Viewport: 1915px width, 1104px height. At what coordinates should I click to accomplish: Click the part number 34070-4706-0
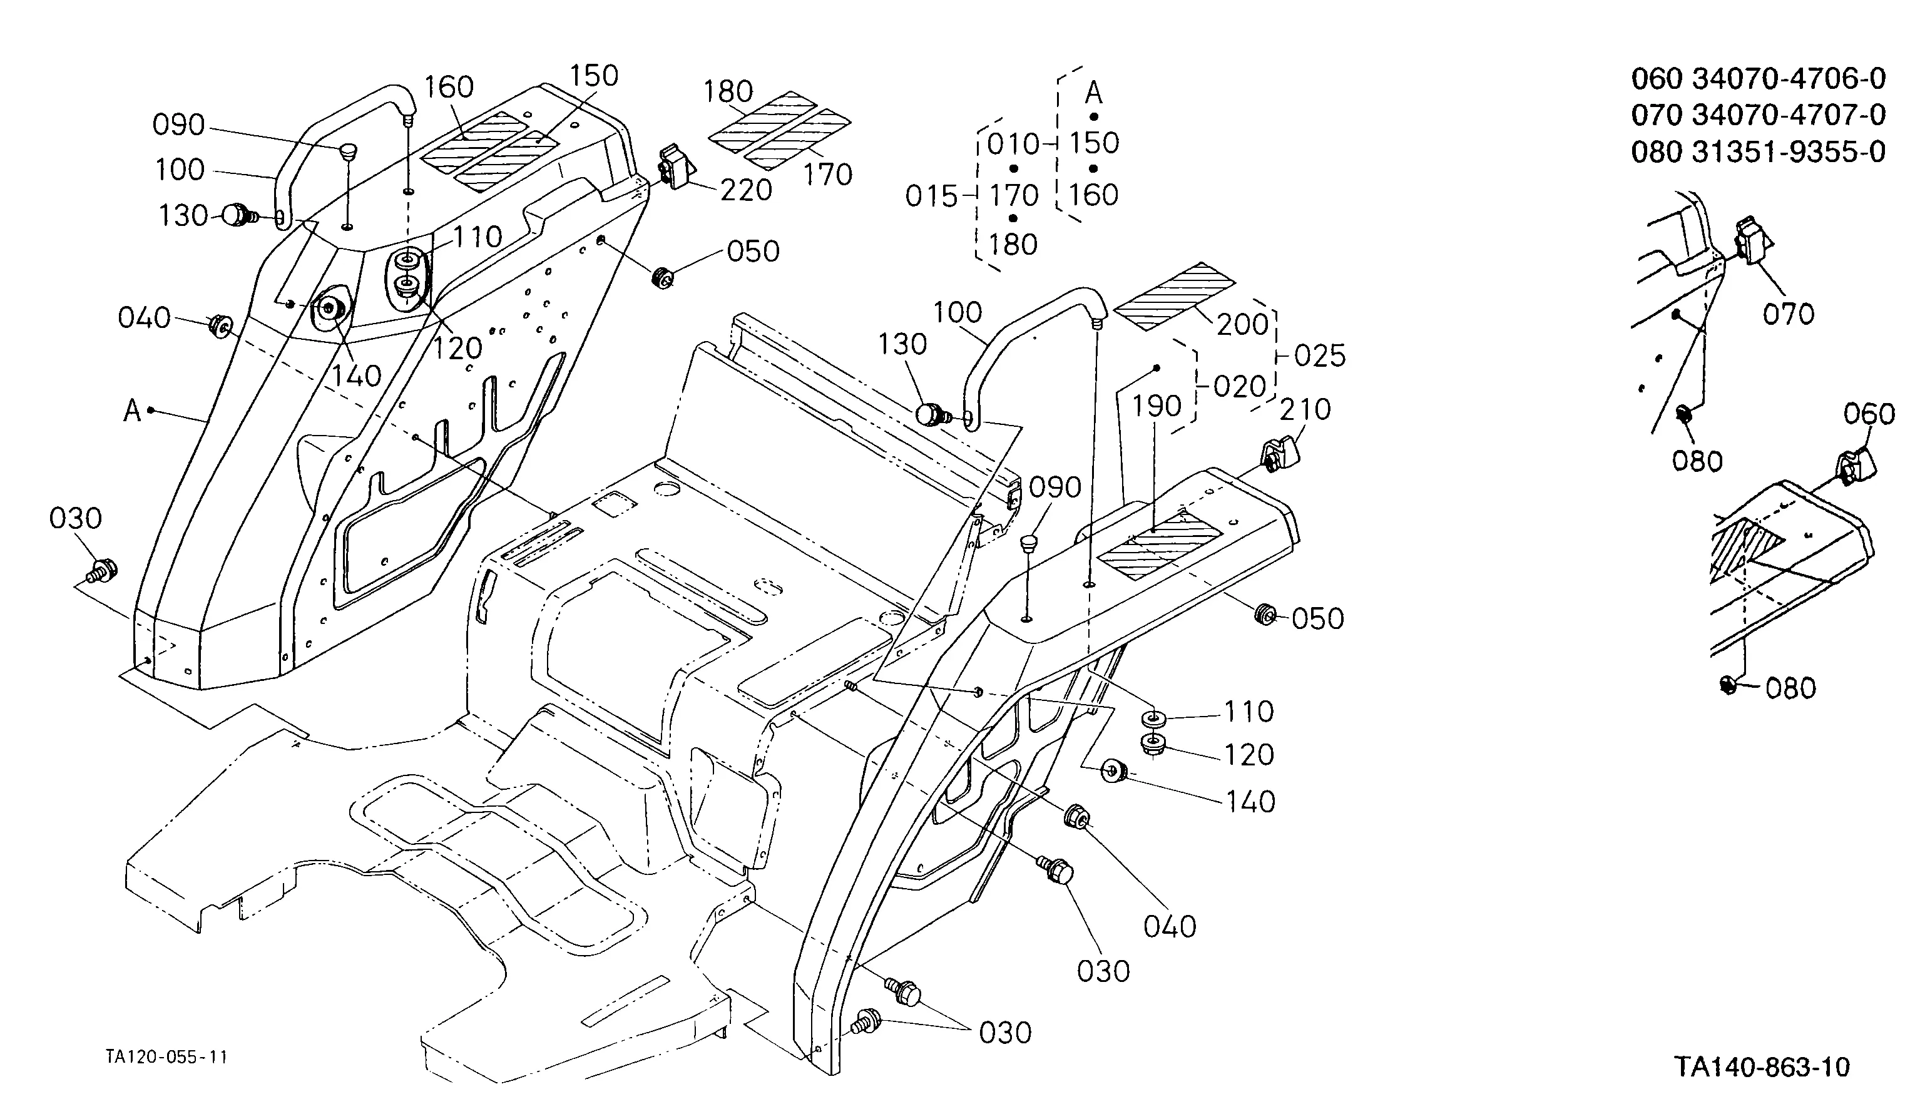click(x=1789, y=79)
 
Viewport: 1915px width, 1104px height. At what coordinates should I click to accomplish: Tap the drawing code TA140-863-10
click(x=1763, y=1068)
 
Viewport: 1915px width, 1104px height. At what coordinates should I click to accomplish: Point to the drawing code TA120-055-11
click(x=167, y=1057)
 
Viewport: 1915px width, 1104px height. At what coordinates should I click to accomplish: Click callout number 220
click(x=746, y=190)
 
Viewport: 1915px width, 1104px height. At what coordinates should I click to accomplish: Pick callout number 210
click(x=1305, y=409)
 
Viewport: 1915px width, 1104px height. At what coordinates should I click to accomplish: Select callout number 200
click(x=1242, y=325)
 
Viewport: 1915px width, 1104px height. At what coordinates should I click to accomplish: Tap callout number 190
click(x=1157, y=406)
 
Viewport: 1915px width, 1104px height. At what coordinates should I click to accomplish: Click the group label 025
click(x=1320, y=355)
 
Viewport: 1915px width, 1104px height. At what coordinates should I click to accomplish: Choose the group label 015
click(x=932, y=197)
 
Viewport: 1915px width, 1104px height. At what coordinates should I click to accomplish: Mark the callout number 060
click(x=1869, y=415)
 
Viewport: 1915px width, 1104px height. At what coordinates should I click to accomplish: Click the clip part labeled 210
click(x=1280, y=455)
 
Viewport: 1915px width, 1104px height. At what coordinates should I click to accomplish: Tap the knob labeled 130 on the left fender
click(x=240, y=215)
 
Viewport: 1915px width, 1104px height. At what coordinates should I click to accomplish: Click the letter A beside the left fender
click(x=133, y=411)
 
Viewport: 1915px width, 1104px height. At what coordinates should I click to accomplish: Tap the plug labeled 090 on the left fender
click(x=348, y=150)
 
